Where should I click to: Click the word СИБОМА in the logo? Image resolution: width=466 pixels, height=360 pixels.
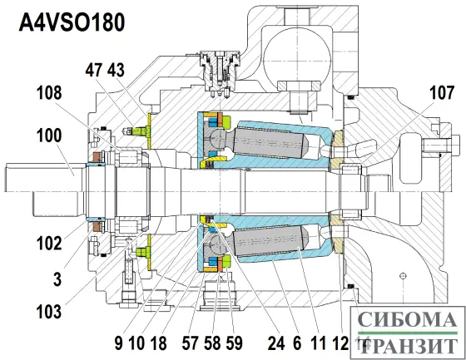pyautogui.click(x=405, y=319)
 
